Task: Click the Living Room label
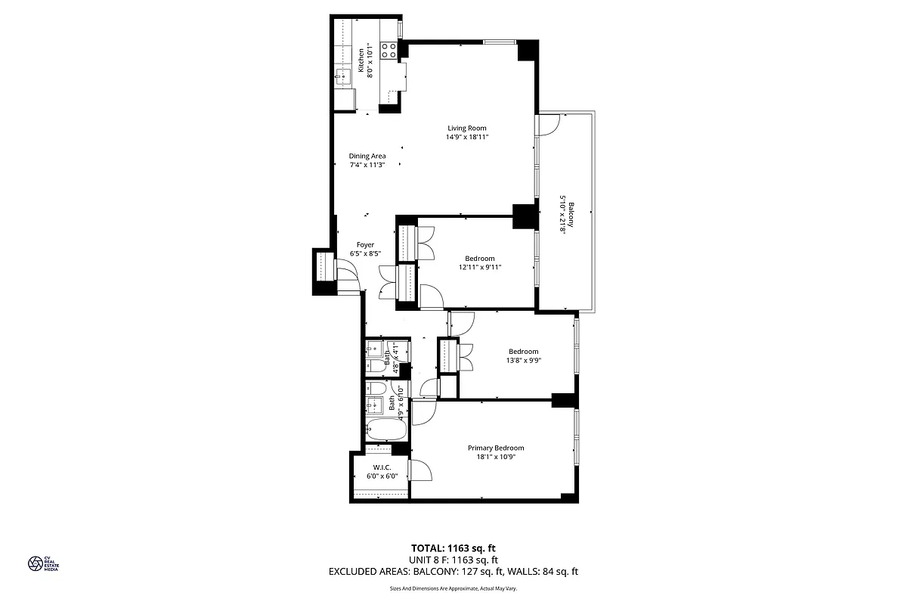click(x=466, y=128)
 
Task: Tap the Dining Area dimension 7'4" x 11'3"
click(x=367, y=165)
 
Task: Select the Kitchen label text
click(x=361, y=57)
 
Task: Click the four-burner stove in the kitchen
click(x=388, y=51)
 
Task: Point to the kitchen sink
click(x=343, y=75)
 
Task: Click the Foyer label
click(x=366, y=245)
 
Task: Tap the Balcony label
click(x=571, y=214)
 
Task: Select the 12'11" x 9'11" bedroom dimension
click(x=480, y=267)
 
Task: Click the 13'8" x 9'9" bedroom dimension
click(x=523, y=360)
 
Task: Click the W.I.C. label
click(x=382, y=467)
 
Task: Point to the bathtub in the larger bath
click(x=387, y=430)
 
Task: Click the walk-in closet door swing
click(x=419, y=470)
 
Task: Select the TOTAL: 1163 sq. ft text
click(x=453, y=548)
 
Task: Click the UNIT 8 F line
click(x=453, y=560)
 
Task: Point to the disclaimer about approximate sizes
click(x=453, y=588)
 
